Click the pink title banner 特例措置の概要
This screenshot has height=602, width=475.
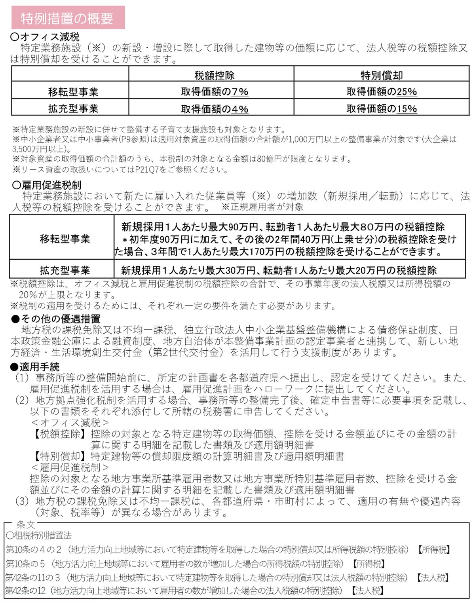[67, 18]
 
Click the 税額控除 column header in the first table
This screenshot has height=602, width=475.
[214, 75]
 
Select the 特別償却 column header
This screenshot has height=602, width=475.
[382, 75]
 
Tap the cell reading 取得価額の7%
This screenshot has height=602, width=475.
[215, 92]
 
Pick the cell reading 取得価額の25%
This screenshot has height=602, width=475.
[382, 92]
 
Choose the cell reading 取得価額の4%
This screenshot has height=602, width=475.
[215, 109]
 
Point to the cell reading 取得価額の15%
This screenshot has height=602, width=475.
[382, 109]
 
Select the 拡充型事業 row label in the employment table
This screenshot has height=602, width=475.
[65, 270]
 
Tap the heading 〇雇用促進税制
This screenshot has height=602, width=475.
[46, 185]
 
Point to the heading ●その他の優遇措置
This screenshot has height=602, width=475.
[55, 319]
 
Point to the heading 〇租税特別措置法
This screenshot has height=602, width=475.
[39, 536]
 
